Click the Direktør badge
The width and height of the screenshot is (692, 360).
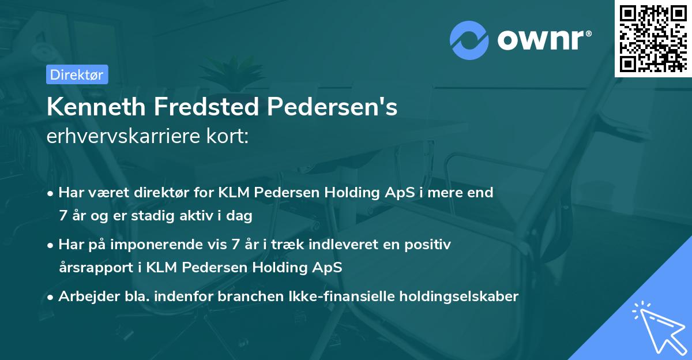(x=77, y=74)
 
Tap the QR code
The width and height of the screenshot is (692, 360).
(x=653, y=38)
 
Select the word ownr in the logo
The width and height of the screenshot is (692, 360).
(x=543, y=40)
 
